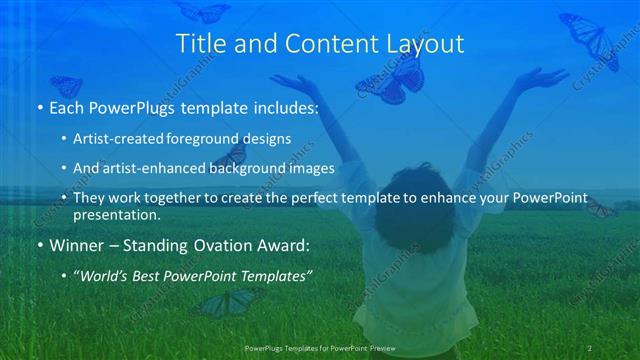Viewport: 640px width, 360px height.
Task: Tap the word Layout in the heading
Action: click(x=427, y=44)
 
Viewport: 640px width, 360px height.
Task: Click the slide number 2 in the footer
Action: click(x=591, y=347)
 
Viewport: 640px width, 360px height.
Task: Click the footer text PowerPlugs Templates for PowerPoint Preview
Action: click(x=320, y=347)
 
